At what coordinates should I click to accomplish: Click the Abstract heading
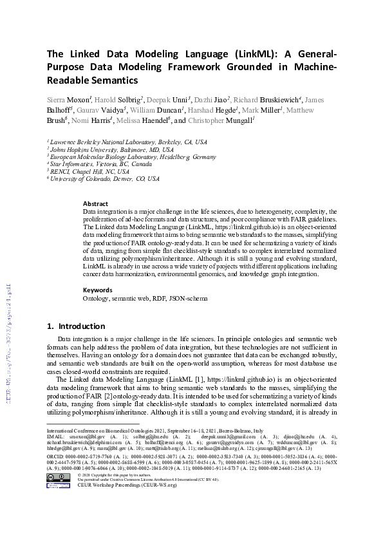coord(95,203)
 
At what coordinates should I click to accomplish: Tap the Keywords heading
coord(98,290)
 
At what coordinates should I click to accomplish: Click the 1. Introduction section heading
coord(77,326)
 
